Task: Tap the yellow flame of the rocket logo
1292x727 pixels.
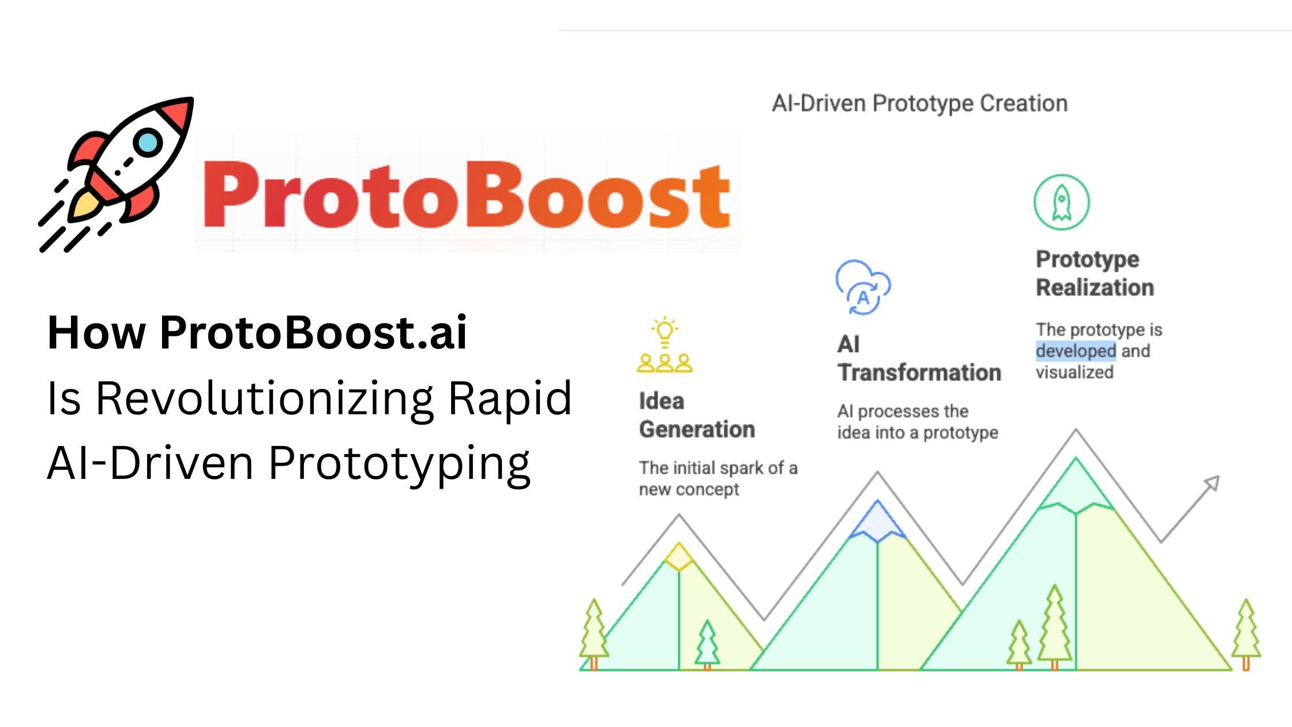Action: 84,207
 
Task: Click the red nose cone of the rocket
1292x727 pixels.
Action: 176,113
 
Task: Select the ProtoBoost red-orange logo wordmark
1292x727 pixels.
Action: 466,195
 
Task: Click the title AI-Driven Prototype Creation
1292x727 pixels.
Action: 919,103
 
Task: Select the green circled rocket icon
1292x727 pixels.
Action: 1061,202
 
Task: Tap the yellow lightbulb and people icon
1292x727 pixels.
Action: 664,344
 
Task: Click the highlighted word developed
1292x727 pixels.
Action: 1076,351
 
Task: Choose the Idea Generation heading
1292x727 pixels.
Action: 697,415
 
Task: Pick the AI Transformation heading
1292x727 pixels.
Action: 919,358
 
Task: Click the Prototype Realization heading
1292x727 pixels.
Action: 1095,273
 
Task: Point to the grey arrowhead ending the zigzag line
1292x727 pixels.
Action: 1211,484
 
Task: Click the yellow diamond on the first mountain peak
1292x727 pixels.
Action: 679,557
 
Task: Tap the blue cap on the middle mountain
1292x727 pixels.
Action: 877,521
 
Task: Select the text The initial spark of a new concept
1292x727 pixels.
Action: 718,478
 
